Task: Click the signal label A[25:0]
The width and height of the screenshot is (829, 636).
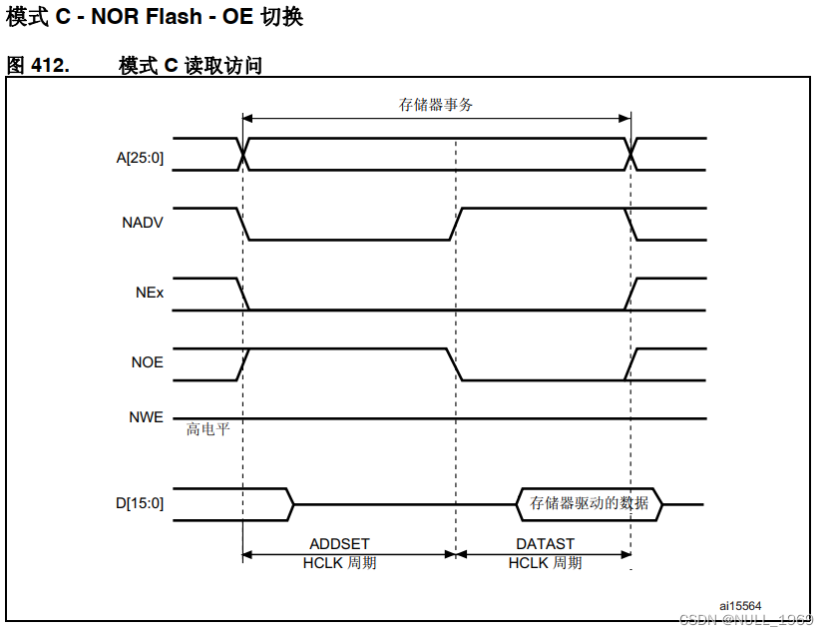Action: point(139,156)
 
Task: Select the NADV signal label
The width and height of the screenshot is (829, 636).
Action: point(143,224)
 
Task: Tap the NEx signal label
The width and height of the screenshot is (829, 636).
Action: point(150,295)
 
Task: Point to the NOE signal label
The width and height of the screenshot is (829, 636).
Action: point(147,362)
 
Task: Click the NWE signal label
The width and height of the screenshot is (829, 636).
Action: point(146,418)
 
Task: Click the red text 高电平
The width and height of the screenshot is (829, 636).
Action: point(207,429)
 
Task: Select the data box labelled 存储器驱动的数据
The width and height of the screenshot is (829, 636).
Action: point(590,503)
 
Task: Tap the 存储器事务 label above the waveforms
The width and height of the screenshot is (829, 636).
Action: point(436,105)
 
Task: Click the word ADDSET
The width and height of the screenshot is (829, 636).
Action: point(339,544)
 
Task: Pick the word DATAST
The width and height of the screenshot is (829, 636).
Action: point(545,544)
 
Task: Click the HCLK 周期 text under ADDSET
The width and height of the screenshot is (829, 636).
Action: point(339,563)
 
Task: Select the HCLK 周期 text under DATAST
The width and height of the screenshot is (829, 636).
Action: point(545,563)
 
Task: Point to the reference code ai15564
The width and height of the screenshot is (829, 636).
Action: point(740,605)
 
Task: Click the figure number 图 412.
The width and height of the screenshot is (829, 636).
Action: point(38,66)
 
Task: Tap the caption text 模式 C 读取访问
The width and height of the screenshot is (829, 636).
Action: point(191,66)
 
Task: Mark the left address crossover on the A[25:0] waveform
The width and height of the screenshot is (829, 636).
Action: point(242,155)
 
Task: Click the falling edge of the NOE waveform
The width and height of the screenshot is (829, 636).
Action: point(456,364)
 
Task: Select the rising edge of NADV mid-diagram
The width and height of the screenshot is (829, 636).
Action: point(456,224)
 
